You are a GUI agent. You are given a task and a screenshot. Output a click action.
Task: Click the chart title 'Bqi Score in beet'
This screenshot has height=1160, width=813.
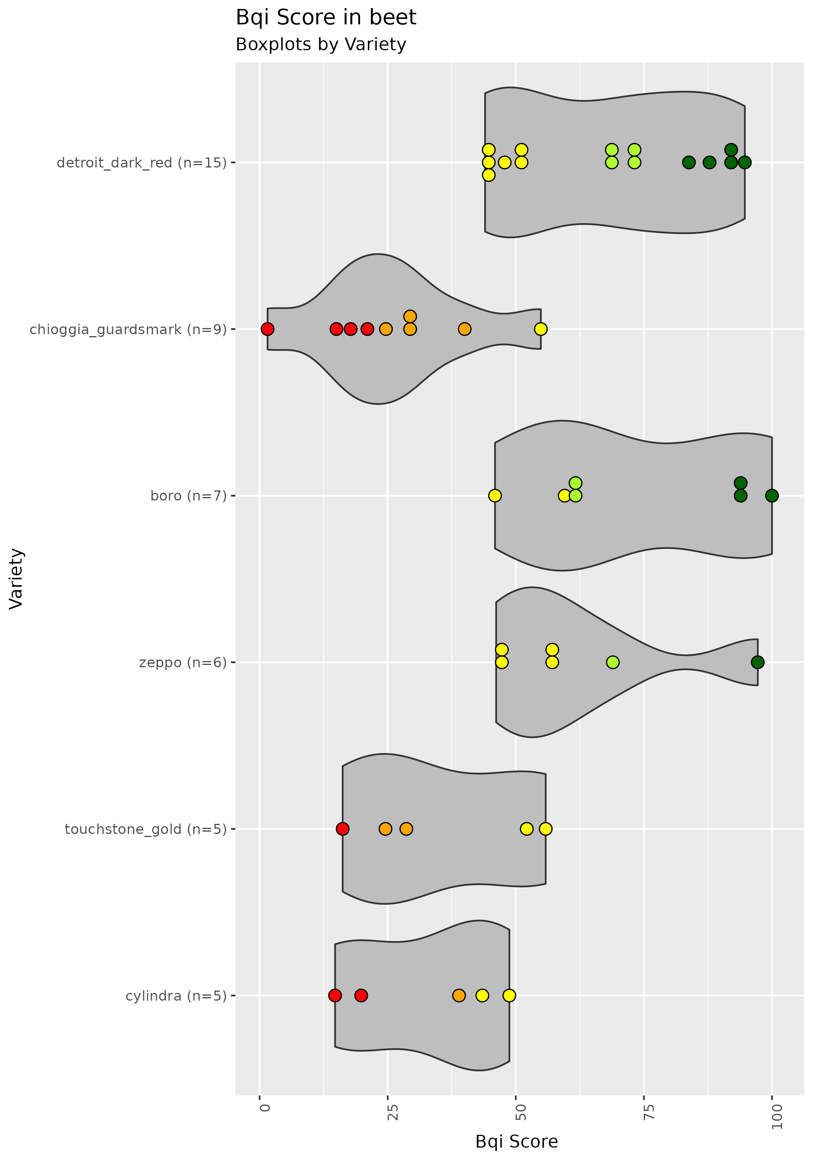coord(326,18)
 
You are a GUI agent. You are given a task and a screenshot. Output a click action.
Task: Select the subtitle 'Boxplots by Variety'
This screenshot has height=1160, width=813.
coord(321,45)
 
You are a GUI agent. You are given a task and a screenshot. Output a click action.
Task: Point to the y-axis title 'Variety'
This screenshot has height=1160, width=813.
coord(16,579)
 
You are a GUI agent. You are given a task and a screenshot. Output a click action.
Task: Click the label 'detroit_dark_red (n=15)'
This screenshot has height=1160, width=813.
coord(142,163)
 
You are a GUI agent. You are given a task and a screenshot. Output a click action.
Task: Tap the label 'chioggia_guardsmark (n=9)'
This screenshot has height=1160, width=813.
coord(128,330)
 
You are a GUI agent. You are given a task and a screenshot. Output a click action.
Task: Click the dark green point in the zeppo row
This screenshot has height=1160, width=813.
coord(757,662)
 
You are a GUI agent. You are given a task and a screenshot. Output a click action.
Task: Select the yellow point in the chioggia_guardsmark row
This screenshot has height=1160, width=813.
coord(540,329)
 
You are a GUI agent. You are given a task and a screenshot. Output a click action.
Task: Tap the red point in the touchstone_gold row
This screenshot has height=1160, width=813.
coord(342,829)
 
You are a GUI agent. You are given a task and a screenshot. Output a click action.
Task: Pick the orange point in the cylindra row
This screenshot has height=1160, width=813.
coord(459,995)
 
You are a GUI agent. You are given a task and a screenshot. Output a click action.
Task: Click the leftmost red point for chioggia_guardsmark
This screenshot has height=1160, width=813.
coord(268,329)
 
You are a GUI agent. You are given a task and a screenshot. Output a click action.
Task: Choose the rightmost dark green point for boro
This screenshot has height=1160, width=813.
coord(772,495)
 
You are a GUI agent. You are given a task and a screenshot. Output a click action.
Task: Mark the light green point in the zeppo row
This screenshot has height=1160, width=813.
coord(612,662)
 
